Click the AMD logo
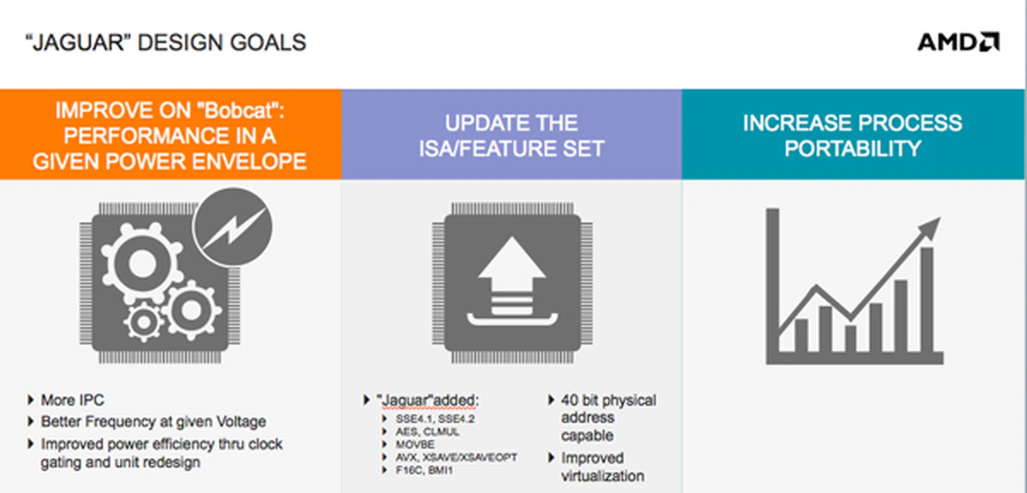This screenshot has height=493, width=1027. (959, 42)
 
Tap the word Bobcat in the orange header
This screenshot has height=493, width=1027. (239, 110)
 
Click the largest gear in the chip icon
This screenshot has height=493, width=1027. (142, 264)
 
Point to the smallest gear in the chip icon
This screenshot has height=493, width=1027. (143, 322)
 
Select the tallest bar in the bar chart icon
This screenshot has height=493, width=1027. (927, 299)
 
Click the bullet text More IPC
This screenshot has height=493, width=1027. (73, 400)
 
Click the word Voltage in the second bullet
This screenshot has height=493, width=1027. (241, 421)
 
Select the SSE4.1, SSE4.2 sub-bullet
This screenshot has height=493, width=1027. (435, 419)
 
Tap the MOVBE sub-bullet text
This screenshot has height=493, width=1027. (415, 444)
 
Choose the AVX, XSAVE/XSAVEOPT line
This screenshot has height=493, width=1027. (456, 457)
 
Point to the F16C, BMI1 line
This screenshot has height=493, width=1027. (424, 470)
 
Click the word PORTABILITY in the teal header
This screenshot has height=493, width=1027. (853, 149)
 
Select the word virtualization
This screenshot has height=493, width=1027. (602, 476)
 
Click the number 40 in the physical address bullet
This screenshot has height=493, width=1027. (569, 400)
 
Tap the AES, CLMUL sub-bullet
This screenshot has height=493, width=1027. (427, 432)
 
